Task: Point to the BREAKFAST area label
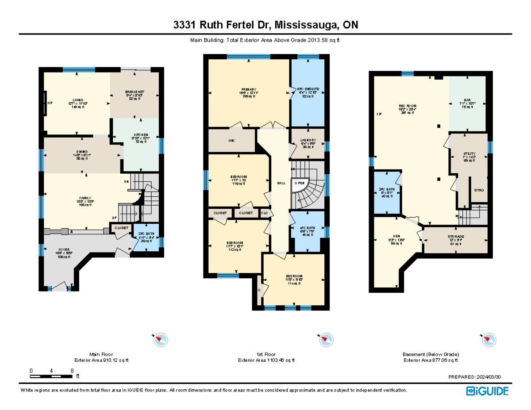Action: (135, 92)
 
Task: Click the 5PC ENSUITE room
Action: (308, 89)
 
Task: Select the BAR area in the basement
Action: (467, 100)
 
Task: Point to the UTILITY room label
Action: (468, 153)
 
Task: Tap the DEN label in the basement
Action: (396, 237)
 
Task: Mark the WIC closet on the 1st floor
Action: (231, 141)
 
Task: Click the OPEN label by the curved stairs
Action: (300, 183)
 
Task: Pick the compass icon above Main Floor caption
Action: (160, 340)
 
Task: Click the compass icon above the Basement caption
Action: (489, 340)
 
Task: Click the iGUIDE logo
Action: (487, 391)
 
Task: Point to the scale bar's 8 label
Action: (72, 371)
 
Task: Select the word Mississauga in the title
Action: (305, 25)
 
